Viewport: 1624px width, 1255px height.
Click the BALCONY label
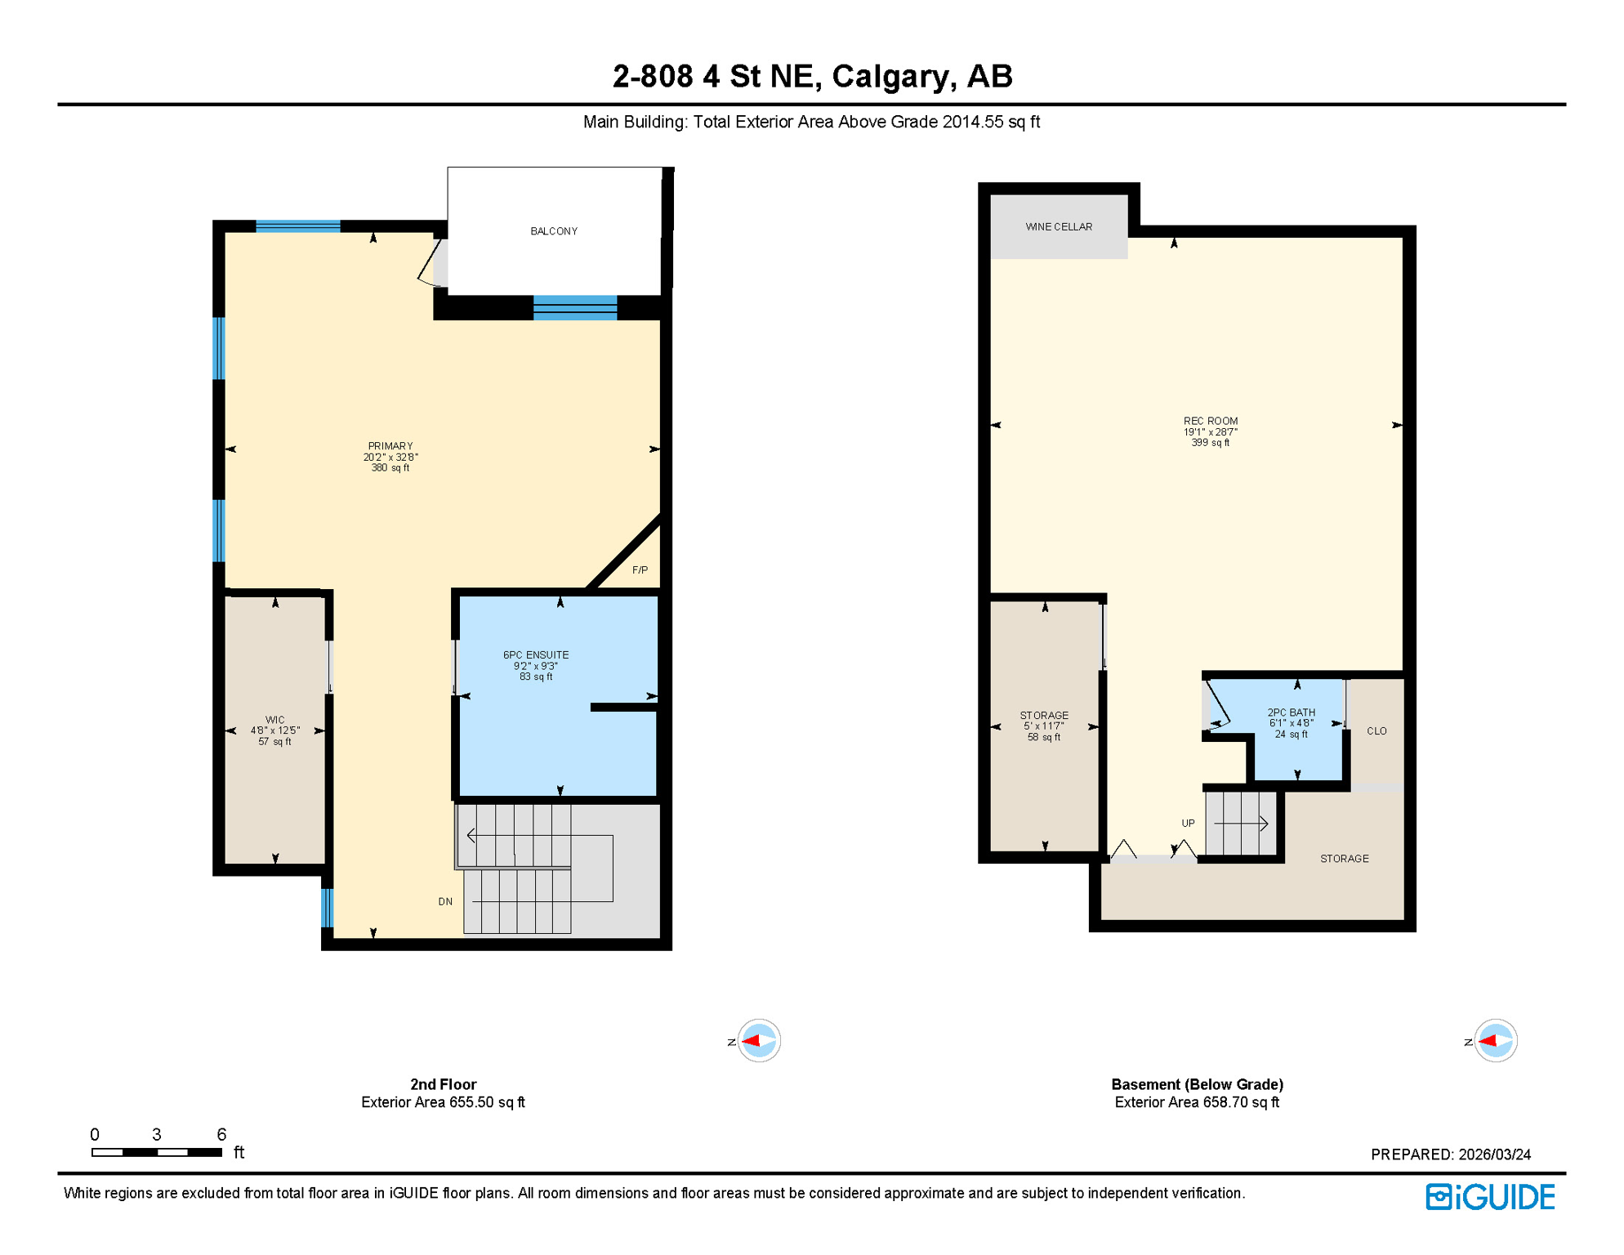point(554,231)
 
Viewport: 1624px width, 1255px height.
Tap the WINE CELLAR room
point(1059,226)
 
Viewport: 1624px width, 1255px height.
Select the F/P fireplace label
point(640,569)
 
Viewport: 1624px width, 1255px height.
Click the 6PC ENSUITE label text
point(536,654)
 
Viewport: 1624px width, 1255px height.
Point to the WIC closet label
point(274,720)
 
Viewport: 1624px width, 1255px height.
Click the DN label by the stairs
point(445,901)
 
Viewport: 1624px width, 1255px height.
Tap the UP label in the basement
point(1188,823)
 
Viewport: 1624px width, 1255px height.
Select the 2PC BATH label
point(1291,712)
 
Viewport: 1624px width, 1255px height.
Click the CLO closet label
point(1376,730)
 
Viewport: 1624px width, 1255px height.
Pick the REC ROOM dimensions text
point(1211,432)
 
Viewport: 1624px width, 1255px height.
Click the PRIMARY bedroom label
point(390,446)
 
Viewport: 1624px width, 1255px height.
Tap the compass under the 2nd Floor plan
point(758,1040)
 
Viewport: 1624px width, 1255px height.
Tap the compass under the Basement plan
point(1495,1040)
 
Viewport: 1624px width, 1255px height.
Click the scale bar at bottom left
point(157,1152)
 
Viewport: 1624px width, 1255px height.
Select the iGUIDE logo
point(1490,1197)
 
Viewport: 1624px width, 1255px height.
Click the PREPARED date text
point(1450,1155)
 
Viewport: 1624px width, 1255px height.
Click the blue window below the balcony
point(575,307)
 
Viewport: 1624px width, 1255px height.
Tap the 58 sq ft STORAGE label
point(1044,715)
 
